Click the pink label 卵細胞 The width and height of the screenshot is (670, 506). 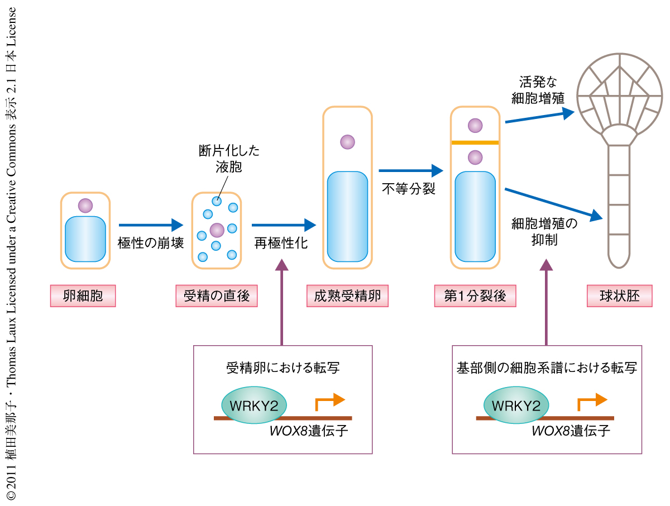click(83, 296)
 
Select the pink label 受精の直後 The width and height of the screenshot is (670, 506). click(217, 296)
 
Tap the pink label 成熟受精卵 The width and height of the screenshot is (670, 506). click(347, 296)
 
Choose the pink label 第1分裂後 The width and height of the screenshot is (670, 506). click(475, 296)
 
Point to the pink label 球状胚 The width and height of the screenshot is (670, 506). click(619, 296)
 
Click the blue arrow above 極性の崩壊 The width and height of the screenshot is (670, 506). click(151, 225)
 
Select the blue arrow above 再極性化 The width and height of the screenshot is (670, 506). click(284, 225)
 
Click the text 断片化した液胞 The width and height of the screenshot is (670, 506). click(229, 159)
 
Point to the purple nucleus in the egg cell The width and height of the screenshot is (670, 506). click(85, 206)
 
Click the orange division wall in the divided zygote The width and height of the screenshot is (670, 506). click(475, 143)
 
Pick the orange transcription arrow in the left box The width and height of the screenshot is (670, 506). click(331, 400)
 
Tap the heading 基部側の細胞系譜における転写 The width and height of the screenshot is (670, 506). click(547, 368)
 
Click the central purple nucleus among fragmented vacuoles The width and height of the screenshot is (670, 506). click(217, 230)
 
